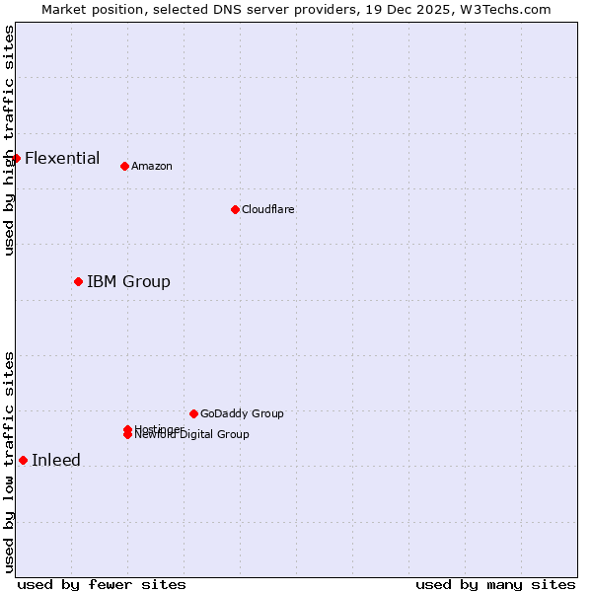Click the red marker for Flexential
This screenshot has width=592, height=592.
pyautogui.click(x=16, y=158)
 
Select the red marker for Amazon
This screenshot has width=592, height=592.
pyautogui.click(x=124, y=166)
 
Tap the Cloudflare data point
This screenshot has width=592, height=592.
pyautogui.click(x=235, y=209)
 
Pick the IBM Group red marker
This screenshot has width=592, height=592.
pyautogui.click(x=78, y=281)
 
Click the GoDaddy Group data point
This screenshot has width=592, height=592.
pyautogui.click(x=193, y=413)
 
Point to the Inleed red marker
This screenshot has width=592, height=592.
pyautogui.click(x=23, y=460)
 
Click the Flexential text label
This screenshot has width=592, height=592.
pyautogui.click(x=62, y=158)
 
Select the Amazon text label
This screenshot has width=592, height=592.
pyautogui.click(x=152, y=166)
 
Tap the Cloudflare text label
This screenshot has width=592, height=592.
pyautogui.click(x=268, y=209)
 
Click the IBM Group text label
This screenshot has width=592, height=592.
pyautogui.click(x=128, y=281)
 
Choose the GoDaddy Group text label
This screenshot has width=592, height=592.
pyautogui.click(x=242, y=413)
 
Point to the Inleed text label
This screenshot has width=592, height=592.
pyautogui.click(x=56, y=460)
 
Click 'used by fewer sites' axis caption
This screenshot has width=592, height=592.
pyautogui.click(x=102, y=584)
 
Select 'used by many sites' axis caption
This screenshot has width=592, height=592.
pyautogui.click(x=495, y=584)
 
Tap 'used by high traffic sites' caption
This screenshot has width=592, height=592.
pyautogui.click(x=9, y=140)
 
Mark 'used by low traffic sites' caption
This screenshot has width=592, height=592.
pyautogui.click(x=9, y=461)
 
